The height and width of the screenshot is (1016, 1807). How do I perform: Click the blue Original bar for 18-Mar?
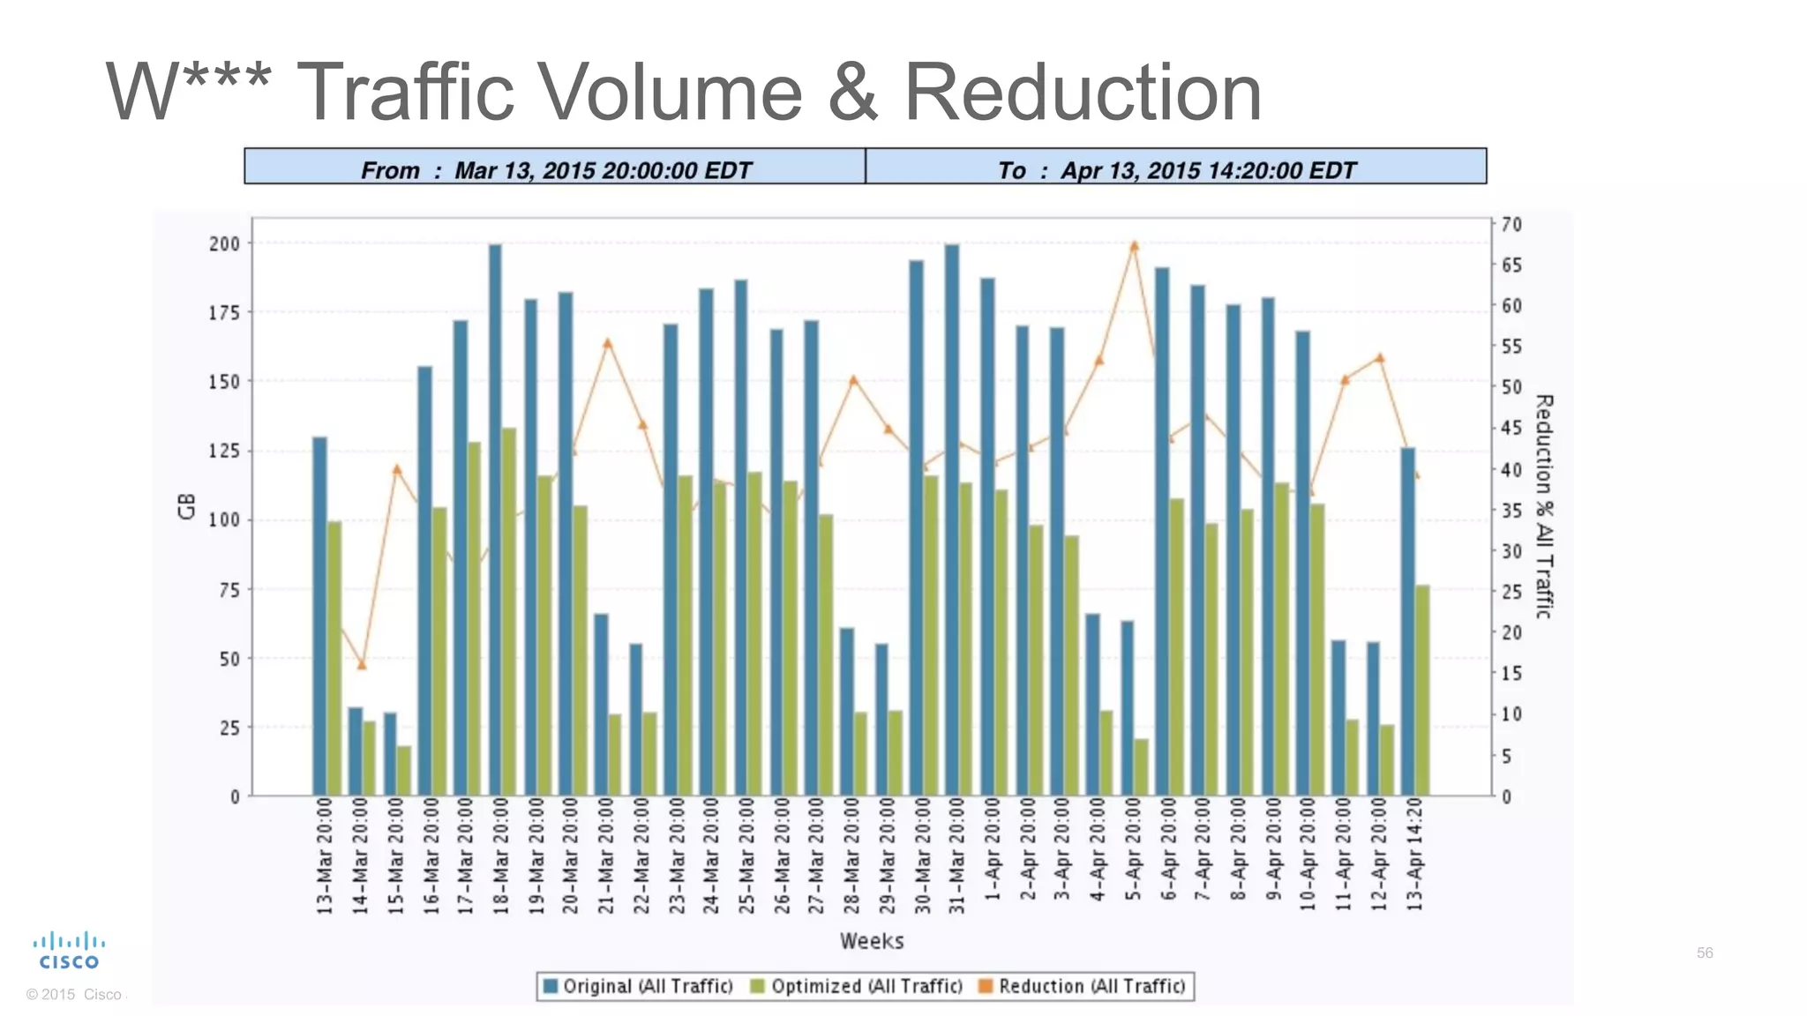(x=495, y=520)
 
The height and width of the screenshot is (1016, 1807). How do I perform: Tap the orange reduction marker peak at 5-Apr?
(x=1135, y=246)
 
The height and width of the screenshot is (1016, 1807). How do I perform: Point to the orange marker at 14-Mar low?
(x=361, y=664)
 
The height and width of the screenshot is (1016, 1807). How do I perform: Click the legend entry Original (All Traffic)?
(x=638, y=986)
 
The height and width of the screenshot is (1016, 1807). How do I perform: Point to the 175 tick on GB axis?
(x=224, y=313)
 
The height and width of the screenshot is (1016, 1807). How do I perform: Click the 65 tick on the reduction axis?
(x=1511, y=265)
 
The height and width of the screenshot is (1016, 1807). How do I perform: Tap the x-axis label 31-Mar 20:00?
(x=957, y=855)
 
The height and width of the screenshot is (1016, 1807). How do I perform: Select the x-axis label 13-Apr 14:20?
(x=1414, y=855)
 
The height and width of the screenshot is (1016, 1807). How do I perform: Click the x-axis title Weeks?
(x=872, y=941)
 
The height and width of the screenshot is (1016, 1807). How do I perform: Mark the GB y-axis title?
(x=187, y=506)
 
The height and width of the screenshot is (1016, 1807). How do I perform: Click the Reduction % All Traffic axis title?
(x=1543, y=506)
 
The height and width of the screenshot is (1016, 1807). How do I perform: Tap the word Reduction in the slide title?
(x=1083, y=92)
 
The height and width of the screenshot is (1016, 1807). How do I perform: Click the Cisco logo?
(x=69, y=951)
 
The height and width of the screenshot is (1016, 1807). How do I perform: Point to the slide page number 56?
(x=1705, y=952)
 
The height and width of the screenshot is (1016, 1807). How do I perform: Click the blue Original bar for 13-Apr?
(x=1407, y=622)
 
